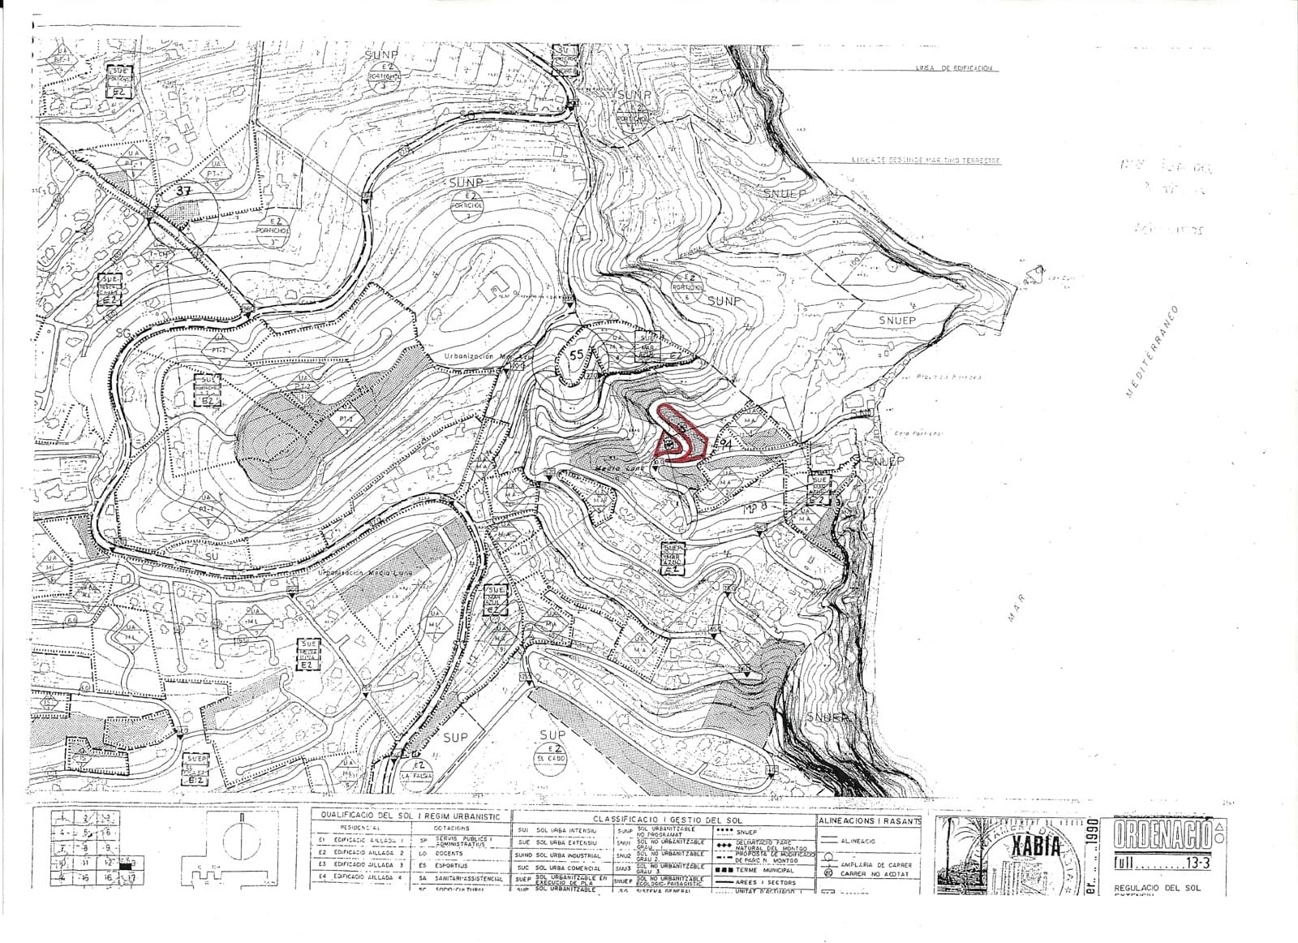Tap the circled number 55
point(576,355)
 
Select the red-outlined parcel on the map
point(679,434)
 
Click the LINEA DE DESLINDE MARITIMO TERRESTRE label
point(926,161)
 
